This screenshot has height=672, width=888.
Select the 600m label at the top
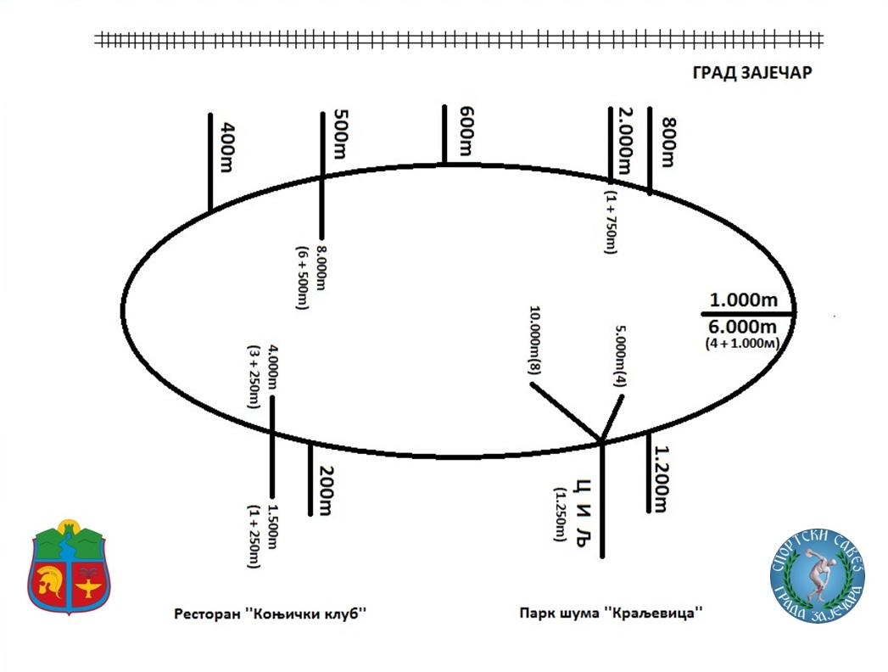pyautogui.click(x=465, y=131)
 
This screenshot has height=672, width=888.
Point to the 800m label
pyautogui.click(x=669, y=137)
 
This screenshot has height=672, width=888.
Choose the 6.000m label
pyautogui.click(x=744, y=327)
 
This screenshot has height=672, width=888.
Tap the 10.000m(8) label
pyautogui.click(x=536, y=342)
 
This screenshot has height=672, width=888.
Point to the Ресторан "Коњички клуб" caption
pyautogui.click(x=275, y=613)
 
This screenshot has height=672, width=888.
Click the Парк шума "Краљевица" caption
pyautogui.click(x=613, y=613)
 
